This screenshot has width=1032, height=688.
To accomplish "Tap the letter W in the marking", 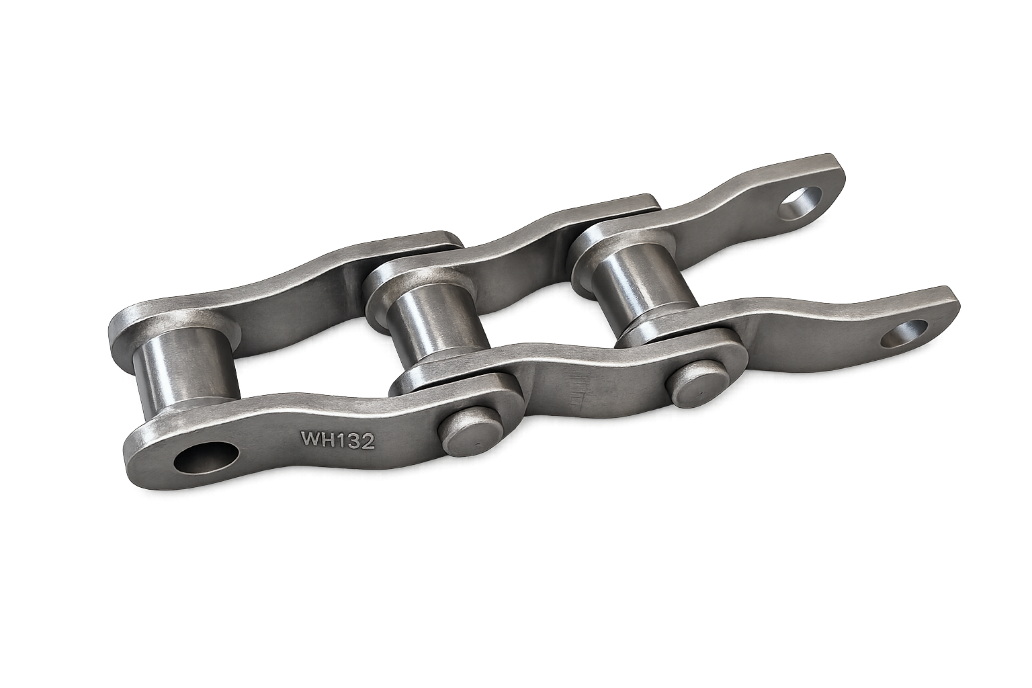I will (310, 439).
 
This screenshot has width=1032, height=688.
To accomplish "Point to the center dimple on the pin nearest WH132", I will (475, 443).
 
